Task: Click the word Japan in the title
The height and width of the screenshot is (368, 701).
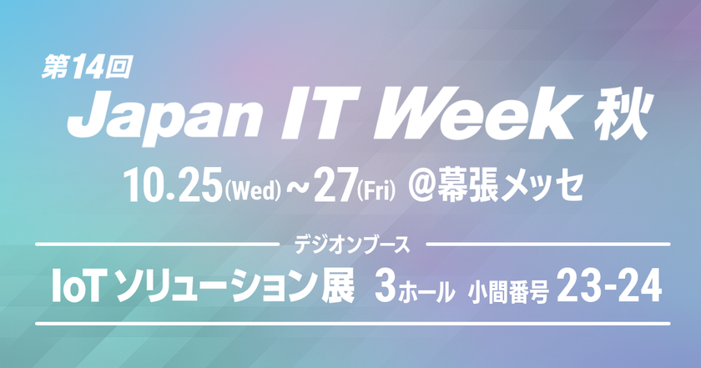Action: click(164, 116)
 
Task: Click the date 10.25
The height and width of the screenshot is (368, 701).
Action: click(174, 184)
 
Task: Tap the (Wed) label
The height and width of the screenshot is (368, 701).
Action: click(254, 190)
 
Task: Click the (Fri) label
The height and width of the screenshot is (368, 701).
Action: click(376, 190)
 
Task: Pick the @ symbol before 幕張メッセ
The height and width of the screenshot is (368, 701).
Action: click(421, 186)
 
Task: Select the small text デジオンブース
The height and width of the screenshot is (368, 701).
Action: click(352, 244)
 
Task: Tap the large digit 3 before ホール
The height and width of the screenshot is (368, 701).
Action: click(386, 286)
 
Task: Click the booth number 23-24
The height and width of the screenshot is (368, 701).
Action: click(609, 285)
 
